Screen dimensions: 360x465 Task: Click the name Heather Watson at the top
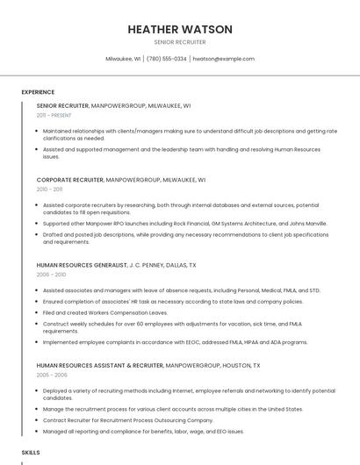tap(180, 29)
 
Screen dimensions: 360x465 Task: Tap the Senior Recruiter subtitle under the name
tap(180, 42)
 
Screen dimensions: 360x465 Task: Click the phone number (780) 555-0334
tap(167, 59)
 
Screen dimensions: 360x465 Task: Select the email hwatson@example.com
tap(224, 59)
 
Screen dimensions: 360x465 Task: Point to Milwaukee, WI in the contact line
tap(123, 59)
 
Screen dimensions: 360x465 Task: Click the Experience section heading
tap(38, 92)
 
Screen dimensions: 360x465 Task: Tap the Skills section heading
tap(31, 452)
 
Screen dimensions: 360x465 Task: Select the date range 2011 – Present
tap(54, 115)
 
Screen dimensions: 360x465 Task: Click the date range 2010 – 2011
tap(49, 190)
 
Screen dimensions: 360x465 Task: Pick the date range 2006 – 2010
tap(50, 275)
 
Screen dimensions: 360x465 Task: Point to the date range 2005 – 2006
tap(50, 375)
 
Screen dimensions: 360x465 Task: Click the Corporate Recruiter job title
tap(69, 180)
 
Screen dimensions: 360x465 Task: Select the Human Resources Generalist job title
tap(82, 265)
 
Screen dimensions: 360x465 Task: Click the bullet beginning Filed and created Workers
tap(105, 312)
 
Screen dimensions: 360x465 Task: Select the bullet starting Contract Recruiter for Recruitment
tap(128, 420)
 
